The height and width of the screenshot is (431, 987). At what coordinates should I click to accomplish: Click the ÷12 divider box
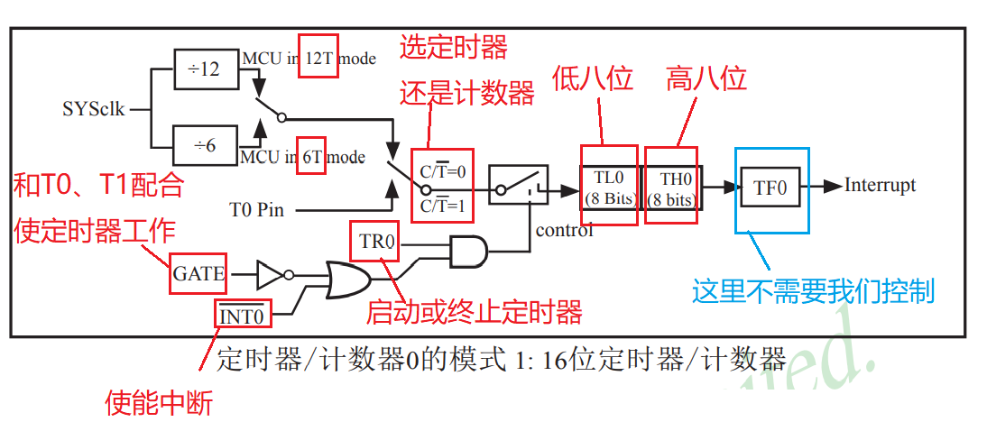point(205,69)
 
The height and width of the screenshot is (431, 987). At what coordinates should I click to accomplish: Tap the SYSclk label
point(94,110)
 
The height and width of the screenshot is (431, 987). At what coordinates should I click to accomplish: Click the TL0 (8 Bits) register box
point(609,188)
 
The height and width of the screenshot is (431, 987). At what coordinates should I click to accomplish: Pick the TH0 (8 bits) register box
point(669,188)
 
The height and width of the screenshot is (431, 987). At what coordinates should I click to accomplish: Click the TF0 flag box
point(770,188)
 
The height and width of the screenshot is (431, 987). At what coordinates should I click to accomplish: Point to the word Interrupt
point(880,185)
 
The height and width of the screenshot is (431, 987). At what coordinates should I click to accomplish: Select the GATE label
point(198,273)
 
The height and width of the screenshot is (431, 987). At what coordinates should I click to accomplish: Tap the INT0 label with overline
point(242,316)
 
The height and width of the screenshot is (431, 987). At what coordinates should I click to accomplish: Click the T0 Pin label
point(257,210)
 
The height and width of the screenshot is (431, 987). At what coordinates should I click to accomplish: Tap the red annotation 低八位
point(592,79)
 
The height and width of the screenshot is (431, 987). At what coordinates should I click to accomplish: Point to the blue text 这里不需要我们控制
point(813,291)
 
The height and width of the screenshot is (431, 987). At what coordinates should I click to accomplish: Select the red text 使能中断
point(159,402)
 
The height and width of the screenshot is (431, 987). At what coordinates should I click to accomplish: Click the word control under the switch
point(564,230)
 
